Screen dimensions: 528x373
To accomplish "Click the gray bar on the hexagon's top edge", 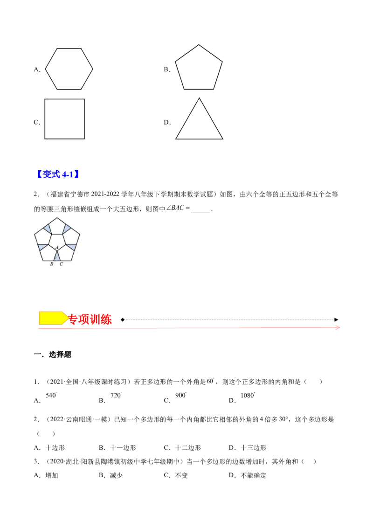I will click(69, 50).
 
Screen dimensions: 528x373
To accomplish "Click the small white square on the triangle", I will click(185, 118).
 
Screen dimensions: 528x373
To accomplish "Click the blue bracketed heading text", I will click(58, 174).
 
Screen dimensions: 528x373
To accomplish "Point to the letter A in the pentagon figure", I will click(56, 248).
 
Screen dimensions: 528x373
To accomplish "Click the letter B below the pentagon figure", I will click(51, 264).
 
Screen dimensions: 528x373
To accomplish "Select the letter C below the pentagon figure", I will click(61, 264).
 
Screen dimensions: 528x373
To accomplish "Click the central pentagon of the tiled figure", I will click(56, 239).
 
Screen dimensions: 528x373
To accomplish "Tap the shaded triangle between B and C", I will click(56, 257).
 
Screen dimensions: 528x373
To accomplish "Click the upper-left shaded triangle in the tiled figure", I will click(47, 228).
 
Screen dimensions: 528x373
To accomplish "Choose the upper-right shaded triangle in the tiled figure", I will click(67, 228).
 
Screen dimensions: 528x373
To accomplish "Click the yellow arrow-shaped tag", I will click(53, 318).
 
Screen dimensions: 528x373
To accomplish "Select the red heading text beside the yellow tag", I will click(90, 320).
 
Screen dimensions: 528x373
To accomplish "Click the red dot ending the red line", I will click(336, 328).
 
